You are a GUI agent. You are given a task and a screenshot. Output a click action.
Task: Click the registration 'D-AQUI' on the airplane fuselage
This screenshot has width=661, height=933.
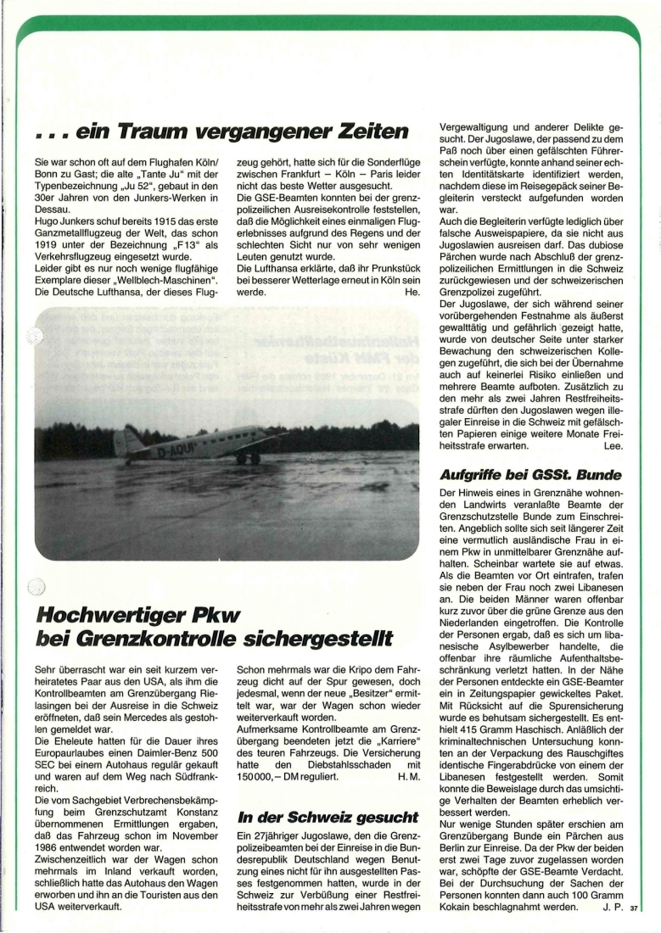(x=178, y=451)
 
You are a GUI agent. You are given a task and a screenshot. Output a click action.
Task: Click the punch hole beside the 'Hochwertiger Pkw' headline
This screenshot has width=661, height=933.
(x=33, y=586)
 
